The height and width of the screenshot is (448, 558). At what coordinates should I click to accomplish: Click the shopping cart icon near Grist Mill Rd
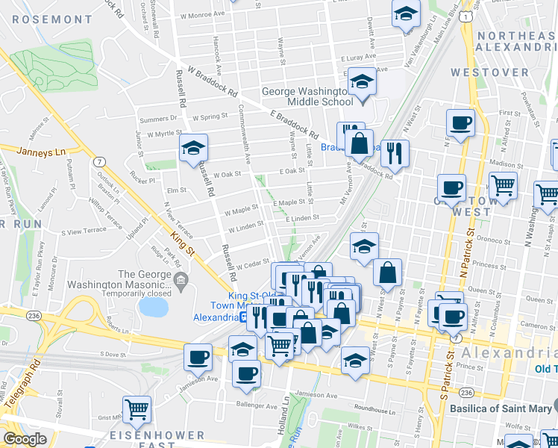tap(137, 408)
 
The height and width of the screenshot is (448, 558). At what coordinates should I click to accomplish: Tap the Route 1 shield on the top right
tap(466, 16)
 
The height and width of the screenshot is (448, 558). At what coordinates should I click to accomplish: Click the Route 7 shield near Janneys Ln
tap(99, 161)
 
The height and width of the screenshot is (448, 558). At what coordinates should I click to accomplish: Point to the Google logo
tap(25, 439)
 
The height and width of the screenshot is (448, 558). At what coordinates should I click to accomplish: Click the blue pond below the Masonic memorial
tap(154, 306)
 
